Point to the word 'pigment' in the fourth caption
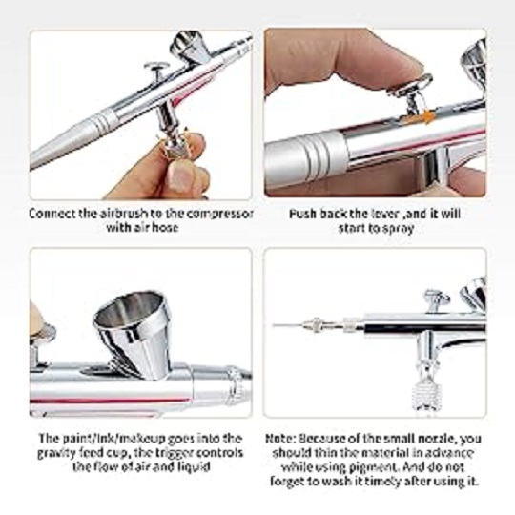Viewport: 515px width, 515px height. (x=374, y=467)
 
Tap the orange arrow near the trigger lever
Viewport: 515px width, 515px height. (x=427, y=116)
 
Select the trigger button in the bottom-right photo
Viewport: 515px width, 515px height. (x=436, y=299)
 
